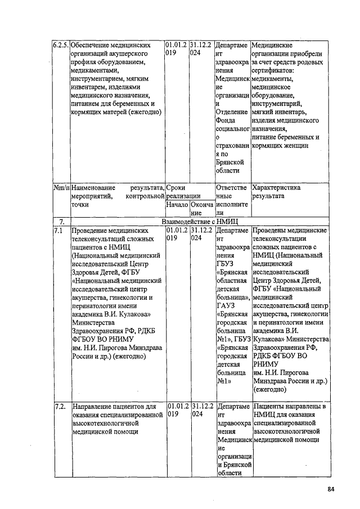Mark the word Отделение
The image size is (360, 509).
[232, 111]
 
